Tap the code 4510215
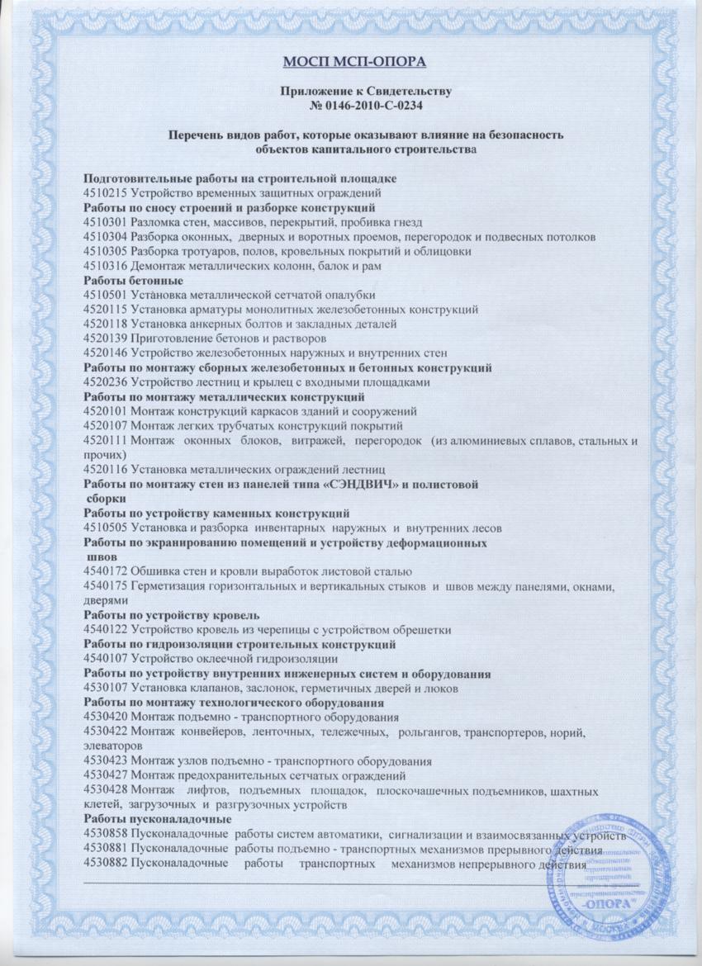pos(106,192)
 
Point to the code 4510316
pos(106,267)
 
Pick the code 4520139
pos(106,339)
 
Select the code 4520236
pos(106,383)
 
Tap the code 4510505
pos(106,528)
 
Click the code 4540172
pos(106,572)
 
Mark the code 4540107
pos(106,659)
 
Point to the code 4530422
pos(106,732)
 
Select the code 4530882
pos(106,863)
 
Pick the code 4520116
pos(106,470)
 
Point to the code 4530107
pos(106,689)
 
